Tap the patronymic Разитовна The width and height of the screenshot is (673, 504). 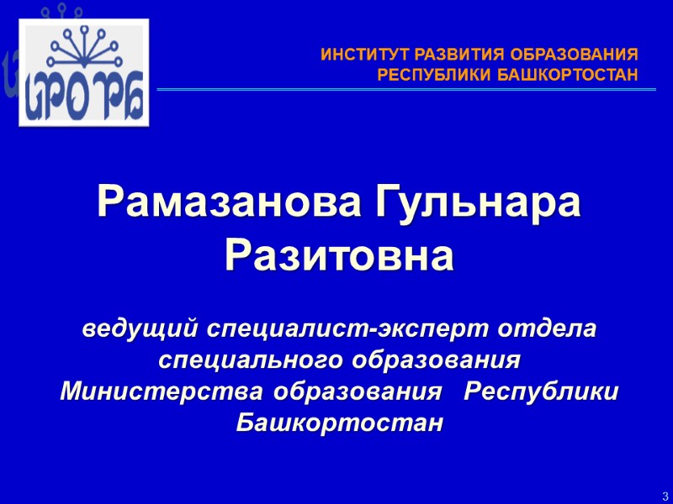point(339,254)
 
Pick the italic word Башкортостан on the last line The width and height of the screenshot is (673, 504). point(338,423)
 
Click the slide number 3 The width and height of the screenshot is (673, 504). point(665,495)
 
